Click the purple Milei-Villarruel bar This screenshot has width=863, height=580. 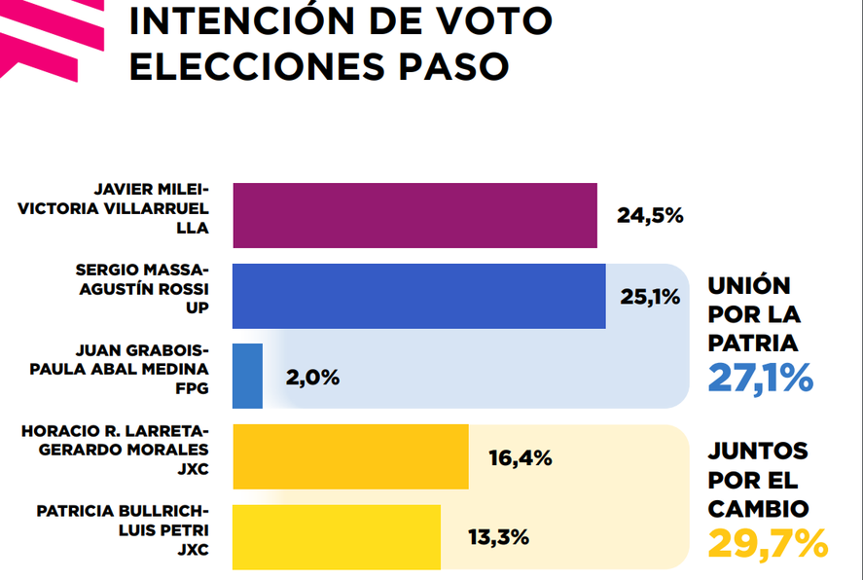click(x=414, y=215)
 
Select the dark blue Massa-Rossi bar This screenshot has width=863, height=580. click(x=419, y=296)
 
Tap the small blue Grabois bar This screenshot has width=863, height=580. click(x=248, y=376)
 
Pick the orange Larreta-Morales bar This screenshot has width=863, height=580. click(x=350, y=456)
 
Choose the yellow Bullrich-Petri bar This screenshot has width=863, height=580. click(x=337, y=536)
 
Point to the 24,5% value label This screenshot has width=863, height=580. click(x=650, y=216)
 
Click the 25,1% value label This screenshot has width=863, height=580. click(x=650, y=297)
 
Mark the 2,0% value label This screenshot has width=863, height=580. click(x=312, y=378)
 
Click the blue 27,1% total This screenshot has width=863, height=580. click(x=760, y=378)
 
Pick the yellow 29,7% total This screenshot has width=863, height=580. click(x=768, y=543)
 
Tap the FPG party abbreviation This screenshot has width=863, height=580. click(x=191, y=394)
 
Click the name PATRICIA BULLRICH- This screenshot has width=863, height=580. click(x=122, y=510)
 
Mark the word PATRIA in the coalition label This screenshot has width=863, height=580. click(x=753, y=343)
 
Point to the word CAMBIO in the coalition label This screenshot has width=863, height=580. click(x=758, y=508)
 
